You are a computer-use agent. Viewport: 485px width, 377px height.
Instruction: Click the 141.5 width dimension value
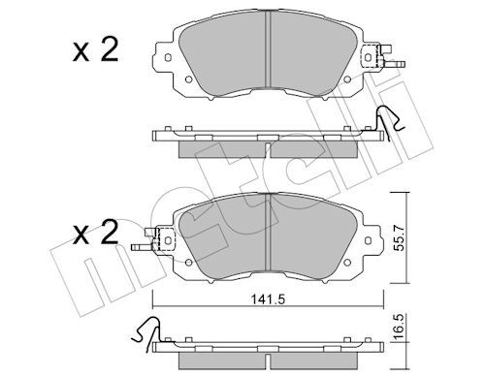pos(268,299)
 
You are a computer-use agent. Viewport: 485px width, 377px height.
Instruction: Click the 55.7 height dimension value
pos(400,237)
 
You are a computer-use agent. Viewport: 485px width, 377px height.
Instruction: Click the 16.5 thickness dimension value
pos(400,326)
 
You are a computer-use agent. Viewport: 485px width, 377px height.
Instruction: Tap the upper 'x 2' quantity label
pos(95,50)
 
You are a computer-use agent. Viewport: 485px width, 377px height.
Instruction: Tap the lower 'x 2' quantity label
pos(95,234)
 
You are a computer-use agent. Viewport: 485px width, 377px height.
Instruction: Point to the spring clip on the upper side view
pos(389,122)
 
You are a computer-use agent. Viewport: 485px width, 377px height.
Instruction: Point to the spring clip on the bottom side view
pos(146,331)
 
